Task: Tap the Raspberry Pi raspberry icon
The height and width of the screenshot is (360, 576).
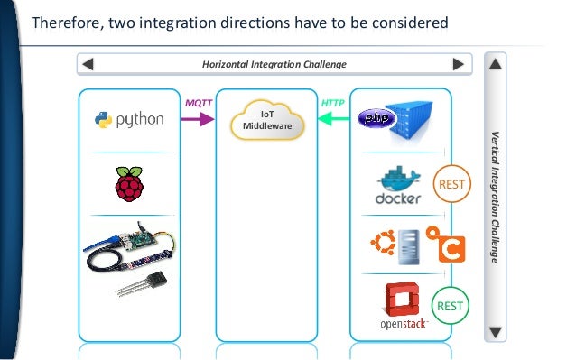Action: click(x=128, y=184)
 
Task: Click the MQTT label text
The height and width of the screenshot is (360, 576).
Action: click(x=199, y=103)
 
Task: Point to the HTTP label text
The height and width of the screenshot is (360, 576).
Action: click(x=332, y=103)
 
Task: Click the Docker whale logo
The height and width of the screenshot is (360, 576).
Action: click(x=398, y=185)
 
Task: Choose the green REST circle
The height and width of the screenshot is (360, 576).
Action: click(x=450, y=306)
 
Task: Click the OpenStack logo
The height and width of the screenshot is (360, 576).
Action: click(x=398, y=306)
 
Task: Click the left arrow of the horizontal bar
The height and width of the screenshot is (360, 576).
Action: click(x=88, y=64)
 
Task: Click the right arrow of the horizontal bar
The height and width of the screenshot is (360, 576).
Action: click(x=460, y=64)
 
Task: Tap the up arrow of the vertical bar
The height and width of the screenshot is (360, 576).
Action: click(x=496, y=65)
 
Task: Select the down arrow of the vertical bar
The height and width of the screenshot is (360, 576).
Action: click(x=496, y=331)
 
